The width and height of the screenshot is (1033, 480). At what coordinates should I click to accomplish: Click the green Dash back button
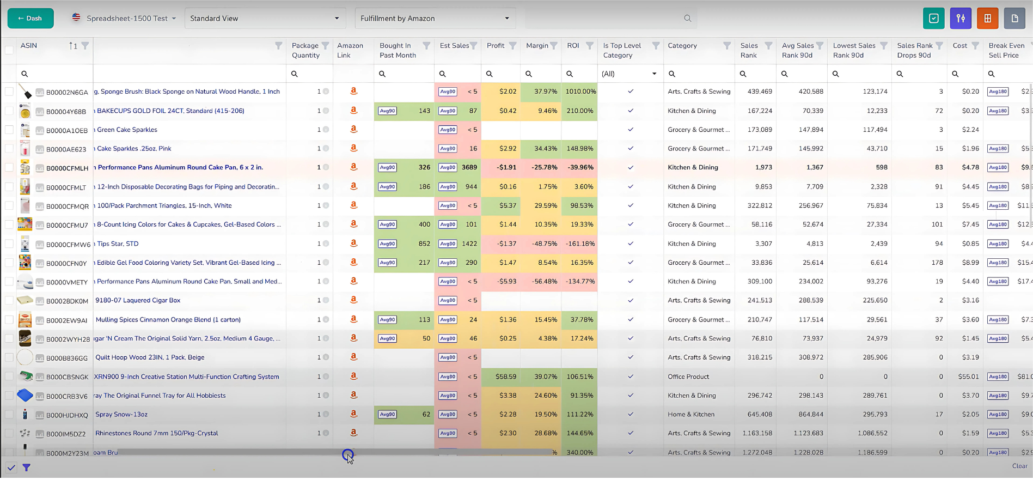point(30,19)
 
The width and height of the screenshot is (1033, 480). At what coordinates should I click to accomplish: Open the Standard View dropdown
point(265,19)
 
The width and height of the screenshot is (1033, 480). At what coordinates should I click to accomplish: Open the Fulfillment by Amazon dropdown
point(435,19)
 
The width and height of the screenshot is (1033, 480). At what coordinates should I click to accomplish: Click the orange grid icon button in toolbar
point(987,19)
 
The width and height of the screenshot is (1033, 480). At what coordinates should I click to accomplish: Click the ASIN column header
point(29,46)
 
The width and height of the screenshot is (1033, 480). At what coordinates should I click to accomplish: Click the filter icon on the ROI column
point(589,46)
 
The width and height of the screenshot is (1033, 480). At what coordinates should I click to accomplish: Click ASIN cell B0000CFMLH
point(67,168)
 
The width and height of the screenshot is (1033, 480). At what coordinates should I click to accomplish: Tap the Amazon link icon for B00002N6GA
point(353,92)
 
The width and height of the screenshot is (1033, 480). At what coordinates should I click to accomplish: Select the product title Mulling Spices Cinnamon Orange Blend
point(168,320)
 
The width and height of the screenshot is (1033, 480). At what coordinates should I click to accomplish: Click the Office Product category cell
point(688,376)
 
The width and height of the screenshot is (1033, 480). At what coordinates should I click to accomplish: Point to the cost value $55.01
point(968,376)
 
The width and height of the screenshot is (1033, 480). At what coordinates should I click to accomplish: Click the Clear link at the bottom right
point(1019,466)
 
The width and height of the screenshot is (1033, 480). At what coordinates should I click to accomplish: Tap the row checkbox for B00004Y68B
point(9,111)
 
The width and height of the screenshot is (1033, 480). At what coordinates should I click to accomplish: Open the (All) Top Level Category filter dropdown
point(629,74)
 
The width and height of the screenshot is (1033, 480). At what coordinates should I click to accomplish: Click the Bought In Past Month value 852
point(424,244)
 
